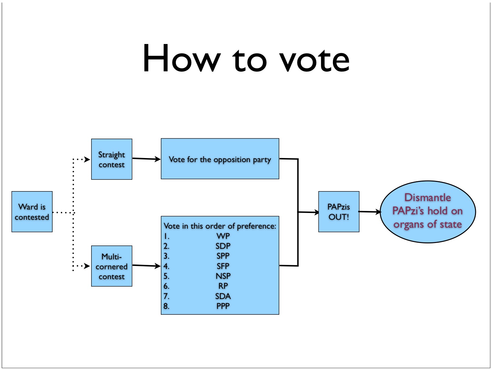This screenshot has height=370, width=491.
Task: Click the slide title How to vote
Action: pyautogui.click(x=246, y=58)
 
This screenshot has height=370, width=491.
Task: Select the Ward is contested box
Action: pyautogui.click(x=32, y=212)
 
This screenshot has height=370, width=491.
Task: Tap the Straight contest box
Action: pyautogui.click(x=112, y=159)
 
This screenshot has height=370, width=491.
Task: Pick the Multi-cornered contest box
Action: pyautogui.click(x=112, y=266)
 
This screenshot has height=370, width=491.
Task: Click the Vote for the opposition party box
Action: pyautogui.click(x=220, y=159)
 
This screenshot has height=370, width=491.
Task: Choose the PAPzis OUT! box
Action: pyautogui.click(x=339, y=212)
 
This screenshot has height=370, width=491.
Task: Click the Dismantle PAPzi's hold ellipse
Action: pyautogui.click(x=428, y=212)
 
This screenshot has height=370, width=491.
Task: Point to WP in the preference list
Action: pyautogui.click(x=223, y=236)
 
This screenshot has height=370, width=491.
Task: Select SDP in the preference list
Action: pyautogui.click(x=223, y=246)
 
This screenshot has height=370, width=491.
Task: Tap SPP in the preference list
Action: pyautogui.click(x=223, y=256)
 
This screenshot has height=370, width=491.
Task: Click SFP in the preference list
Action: pyautogui.click(x=223, y=266)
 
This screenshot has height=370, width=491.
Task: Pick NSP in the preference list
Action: pyautogui.click(x=223, y=276)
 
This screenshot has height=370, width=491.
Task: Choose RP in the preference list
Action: pyautogui.click(x=223, y=286)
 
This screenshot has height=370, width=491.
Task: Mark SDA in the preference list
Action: pyautogui.click(x=223, y=296)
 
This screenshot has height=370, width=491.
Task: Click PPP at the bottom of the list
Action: pyautogui.click(x=223, y=306)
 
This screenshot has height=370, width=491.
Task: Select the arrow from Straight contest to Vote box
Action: pyautogui.click(x=146, y=159)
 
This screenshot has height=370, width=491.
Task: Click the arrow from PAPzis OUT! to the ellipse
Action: pyautogui.click(x=369, y=212)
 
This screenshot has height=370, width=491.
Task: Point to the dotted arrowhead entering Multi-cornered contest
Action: pyautogui.click(x=87, y=266)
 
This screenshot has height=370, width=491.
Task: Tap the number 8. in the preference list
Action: pyautogui.click(x=166, y=306)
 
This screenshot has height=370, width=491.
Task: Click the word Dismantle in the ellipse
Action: pyautogui.click(x=428, y=198)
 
